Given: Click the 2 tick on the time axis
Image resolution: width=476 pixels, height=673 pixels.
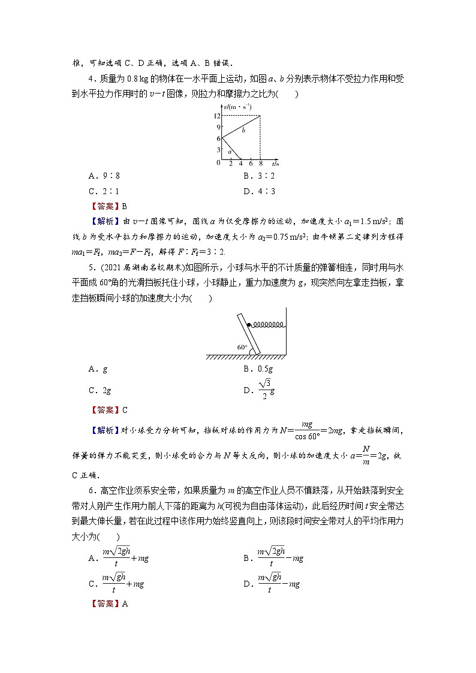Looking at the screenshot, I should coord(231,164).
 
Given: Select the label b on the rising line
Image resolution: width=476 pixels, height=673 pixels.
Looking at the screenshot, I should coord(243,129).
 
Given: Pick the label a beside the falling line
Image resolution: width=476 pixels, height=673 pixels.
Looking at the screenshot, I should coord(230,152).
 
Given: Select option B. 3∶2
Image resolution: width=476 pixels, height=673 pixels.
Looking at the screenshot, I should coord(259,176).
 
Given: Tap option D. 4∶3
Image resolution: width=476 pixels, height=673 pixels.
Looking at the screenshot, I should coord(259,192).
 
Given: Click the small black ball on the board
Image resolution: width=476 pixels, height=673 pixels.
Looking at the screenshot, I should coord(249,325).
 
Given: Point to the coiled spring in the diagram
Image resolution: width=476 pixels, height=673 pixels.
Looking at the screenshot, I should coord(268,325).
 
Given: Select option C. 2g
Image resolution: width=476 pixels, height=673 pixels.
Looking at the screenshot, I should coord(100,390).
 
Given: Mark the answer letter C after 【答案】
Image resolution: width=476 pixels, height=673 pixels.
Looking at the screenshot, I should coord(125,411).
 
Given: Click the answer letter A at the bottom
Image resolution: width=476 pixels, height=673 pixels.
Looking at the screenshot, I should coord(125,604).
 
